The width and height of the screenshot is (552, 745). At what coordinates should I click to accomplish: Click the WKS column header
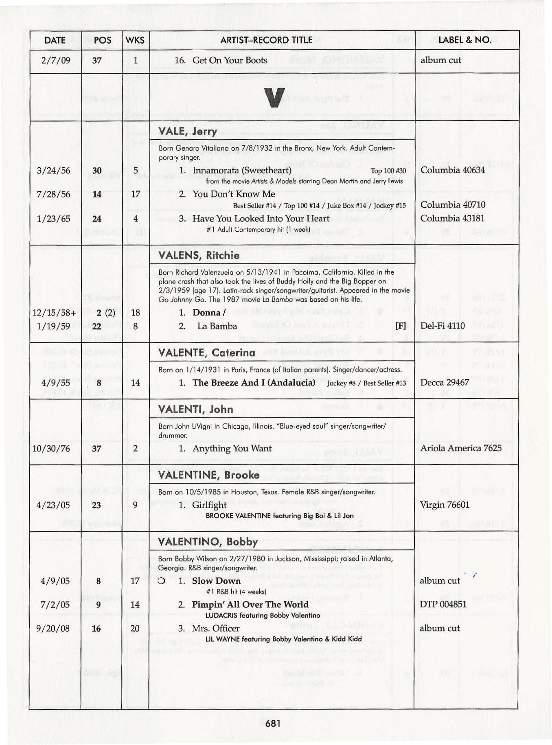(136, 40)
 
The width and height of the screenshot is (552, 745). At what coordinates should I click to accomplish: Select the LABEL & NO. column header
(465, 40)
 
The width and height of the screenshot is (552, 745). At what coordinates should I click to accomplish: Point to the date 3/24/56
(53, 171)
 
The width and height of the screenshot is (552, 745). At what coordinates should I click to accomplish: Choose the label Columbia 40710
(453, 205)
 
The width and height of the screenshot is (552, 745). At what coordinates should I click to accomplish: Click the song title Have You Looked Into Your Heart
(261, 219)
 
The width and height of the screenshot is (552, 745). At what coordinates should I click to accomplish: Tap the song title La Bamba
(217, 326)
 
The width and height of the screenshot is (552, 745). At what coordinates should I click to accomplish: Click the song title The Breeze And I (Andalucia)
(254, 383)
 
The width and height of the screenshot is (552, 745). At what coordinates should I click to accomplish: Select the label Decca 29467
(445, 383)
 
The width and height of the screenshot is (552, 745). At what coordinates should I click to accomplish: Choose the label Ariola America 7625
(461, 448)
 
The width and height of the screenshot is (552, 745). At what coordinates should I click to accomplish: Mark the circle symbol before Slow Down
(162, 581)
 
